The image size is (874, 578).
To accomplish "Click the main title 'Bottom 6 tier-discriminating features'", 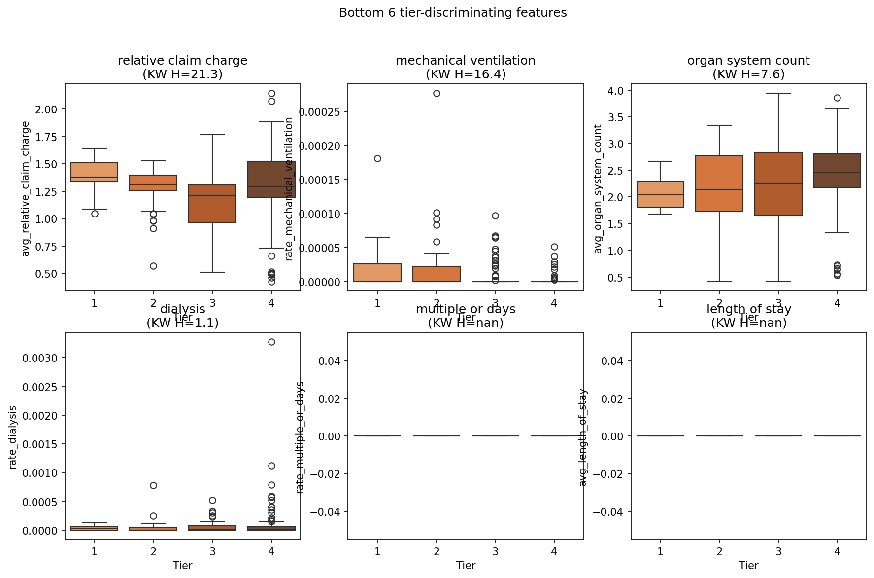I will [x=453, y=13].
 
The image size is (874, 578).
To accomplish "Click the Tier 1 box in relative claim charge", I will [x=94, y=173].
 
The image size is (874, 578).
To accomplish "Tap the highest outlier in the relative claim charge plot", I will [x=271, y=93].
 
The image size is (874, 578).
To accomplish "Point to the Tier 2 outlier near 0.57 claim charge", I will [x=153, y=266].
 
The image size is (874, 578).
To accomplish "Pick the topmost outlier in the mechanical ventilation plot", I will [x=437, y=93].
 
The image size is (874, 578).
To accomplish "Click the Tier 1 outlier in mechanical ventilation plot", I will [x=377, y=158].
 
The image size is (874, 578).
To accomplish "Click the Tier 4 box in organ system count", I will [x=837, y=171].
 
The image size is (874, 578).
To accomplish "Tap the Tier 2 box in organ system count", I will [x=719, y=183].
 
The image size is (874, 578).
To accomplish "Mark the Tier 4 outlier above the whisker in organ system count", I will [x=837, y=98].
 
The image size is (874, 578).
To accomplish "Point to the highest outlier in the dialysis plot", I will [x=271, y=342].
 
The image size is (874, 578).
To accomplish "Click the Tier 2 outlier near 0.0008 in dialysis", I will [x=153, y=485].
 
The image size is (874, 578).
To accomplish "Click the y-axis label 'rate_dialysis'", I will [x=13, y=436].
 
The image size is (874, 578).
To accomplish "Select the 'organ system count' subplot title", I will [x=748, y=61].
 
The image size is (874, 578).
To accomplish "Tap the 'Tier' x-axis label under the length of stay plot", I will [x=748, y=565].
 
